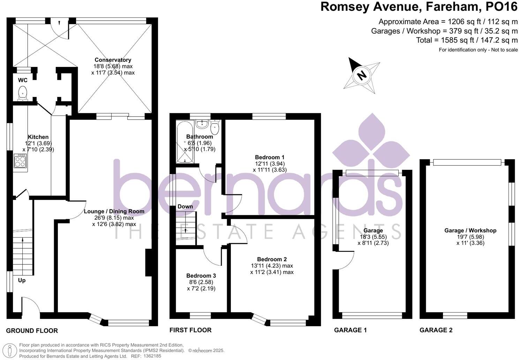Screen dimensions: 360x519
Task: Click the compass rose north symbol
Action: click(362, 75)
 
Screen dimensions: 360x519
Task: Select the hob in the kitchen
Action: click(21, 162)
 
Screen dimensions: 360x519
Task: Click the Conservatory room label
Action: click(113, 60)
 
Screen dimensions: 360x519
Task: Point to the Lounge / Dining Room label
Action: click(114, 211)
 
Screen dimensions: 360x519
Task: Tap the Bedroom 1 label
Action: click(270, 157)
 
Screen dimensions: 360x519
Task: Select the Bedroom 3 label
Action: click(201, 276)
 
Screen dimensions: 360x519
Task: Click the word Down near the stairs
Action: click(185, 207)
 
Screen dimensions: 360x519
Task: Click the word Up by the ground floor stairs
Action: click(22, 280)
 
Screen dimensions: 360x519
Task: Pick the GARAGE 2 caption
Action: click(436, 330)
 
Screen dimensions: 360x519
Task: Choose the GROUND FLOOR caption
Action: click(32, 331)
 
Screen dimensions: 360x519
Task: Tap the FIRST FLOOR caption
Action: click(190, 330)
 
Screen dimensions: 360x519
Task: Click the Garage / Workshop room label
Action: click(470, 231)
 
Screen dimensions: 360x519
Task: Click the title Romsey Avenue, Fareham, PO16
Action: click(419, 7)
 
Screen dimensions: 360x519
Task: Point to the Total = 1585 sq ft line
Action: click(467, 40)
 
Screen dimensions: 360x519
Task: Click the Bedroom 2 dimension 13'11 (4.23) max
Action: click(272, 266)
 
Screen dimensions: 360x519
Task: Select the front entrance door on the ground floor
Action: click(31, 307)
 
